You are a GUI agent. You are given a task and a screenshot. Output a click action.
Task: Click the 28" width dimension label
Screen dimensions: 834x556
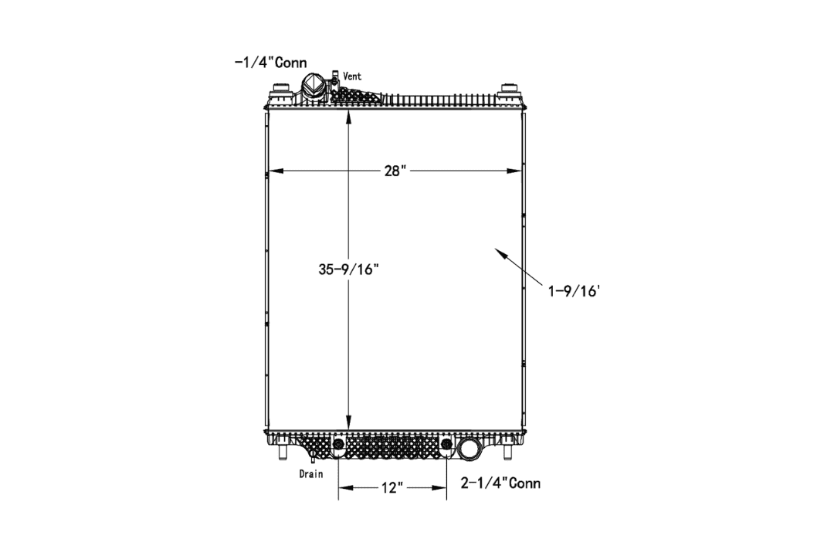tap(395, 171)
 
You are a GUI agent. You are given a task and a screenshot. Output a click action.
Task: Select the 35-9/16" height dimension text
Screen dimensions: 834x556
tap(348, 270)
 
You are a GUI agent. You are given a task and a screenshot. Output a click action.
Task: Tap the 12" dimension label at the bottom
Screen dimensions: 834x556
tap(392, 488)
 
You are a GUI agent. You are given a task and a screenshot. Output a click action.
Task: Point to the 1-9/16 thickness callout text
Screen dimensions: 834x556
tap(574, 291)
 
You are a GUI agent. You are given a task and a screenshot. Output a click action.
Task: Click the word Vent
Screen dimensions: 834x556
tap(352, 76)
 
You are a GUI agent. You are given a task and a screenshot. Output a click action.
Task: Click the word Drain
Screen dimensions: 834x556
tap(311, 473)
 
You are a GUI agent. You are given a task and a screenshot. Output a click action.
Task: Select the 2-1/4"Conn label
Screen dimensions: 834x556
tap(500, 483)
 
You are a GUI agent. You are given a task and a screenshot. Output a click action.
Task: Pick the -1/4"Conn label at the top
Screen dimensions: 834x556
tap(271, 63)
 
